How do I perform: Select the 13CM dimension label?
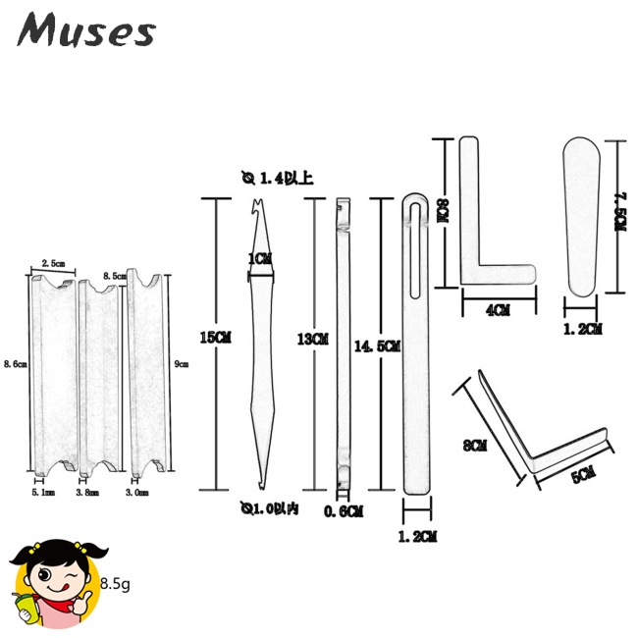(311, 338)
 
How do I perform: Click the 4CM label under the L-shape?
(498, 310)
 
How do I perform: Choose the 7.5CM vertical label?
(618, 210)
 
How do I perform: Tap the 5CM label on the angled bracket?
(582, 475)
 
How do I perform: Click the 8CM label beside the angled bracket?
(474, 446)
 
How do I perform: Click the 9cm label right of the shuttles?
(180, 363)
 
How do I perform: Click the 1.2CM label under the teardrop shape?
(582, 329)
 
